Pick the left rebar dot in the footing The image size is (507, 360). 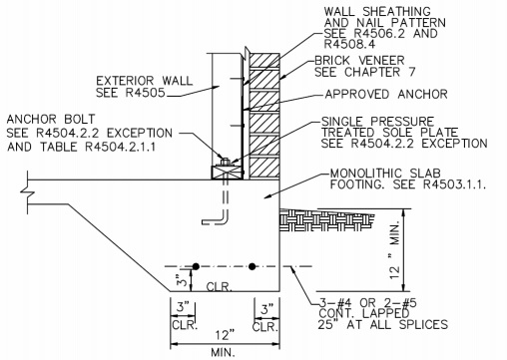point(197,266)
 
